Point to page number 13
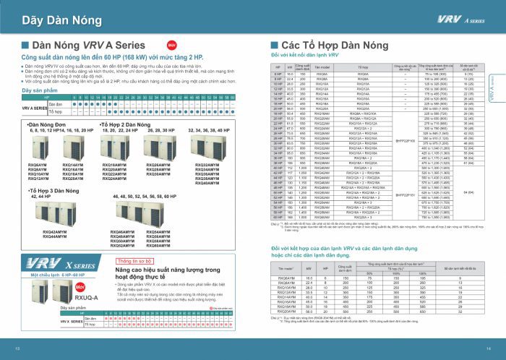tap(17, 348)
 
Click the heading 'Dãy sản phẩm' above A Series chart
tap(36, 90)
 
